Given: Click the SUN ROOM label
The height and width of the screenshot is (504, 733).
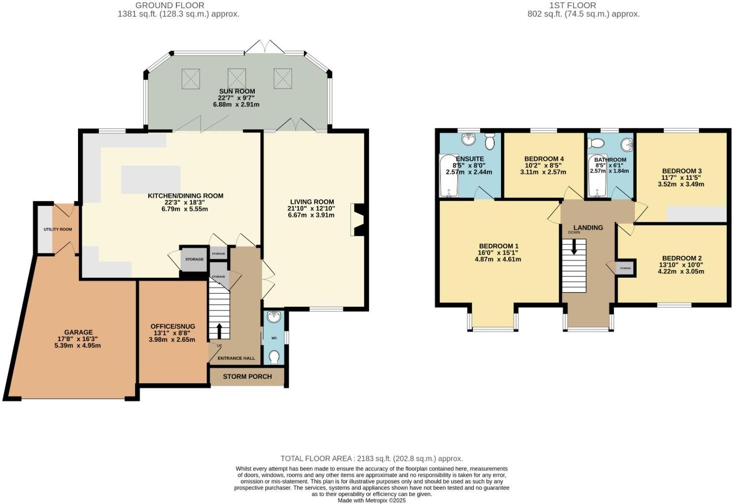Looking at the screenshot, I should point(237,91).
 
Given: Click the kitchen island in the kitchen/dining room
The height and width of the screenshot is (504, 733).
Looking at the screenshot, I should point(151,179).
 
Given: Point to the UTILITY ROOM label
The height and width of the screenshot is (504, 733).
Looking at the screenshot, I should point(58,229).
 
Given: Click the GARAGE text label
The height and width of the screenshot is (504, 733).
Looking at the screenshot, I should point(78,332).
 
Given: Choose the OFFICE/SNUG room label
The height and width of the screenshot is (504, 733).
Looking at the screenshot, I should point(172,326).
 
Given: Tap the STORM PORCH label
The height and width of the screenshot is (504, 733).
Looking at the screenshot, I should point(247,377).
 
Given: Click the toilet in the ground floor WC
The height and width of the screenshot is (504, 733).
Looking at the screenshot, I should point(274,357).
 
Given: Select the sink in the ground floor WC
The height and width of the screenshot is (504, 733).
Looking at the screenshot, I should point(274,317).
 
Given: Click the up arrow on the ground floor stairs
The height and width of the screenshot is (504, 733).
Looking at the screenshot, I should point(218,331).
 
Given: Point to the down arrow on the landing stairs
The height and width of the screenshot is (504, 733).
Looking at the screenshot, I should point(574,248).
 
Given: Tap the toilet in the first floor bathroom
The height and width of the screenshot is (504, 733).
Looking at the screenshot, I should point(596,143).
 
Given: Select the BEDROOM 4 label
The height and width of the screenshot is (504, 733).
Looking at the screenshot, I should point(544,159).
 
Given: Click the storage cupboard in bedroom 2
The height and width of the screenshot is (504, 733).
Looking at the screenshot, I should point(625,268).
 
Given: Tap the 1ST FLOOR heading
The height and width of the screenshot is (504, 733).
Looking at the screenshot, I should point(573,5).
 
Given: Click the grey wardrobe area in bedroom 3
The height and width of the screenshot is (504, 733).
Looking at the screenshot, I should point(696,214).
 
